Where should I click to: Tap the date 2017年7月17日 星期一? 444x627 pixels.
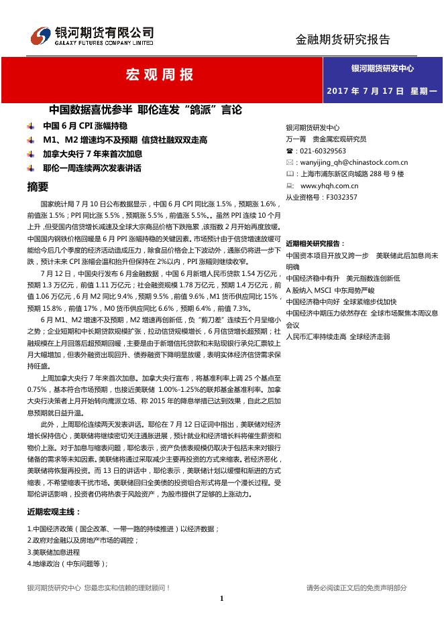tap(382, 90)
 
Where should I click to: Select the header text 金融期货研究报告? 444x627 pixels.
tap(343, 40)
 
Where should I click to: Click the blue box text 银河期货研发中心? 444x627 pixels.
tap(382, 68)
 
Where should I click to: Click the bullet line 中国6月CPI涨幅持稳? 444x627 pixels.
tap(85, 125)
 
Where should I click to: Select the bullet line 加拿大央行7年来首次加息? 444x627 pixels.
tap(93, 154)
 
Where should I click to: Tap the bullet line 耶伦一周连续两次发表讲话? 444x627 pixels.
tap(92, 168)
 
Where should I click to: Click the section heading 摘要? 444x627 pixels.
tap(38, 186)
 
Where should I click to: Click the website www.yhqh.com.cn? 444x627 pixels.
tap(329, 186)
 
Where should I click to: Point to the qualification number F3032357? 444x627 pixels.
tap(341, 197)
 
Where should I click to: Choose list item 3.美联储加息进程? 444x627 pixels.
tap(54, 552)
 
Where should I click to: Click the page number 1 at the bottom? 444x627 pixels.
tap(221, 598)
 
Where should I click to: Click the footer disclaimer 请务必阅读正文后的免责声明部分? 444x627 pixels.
tap(356, 587)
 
